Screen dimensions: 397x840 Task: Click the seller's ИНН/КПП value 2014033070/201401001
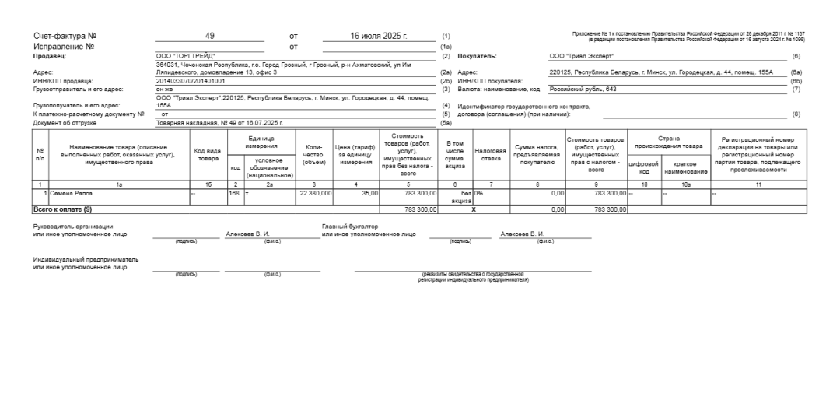click(x=191, y=80)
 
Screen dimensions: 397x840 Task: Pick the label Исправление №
click(x=65, y=46)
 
